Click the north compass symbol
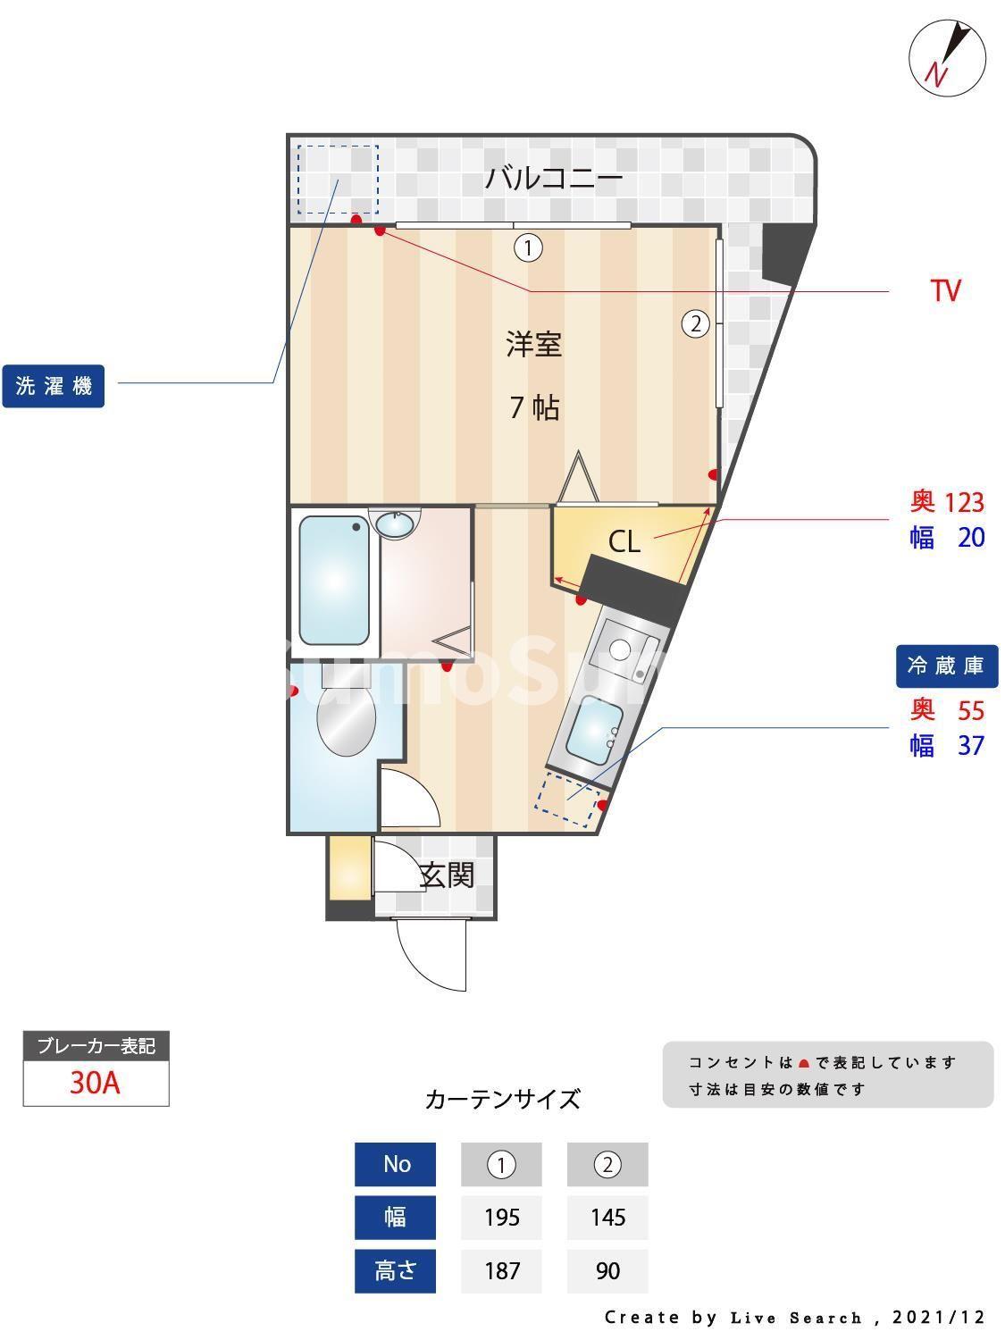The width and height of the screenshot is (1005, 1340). tap(947, 57)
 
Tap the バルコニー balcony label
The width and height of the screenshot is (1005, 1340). tap(553, 179)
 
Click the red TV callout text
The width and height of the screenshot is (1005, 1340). tap(945, 290)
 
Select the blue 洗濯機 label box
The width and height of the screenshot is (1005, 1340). tap(54, 386)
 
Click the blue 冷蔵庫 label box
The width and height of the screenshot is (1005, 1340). tap(946, 666)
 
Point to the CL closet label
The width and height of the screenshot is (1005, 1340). tap(624, 541)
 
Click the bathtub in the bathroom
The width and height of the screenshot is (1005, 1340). tap(333, 580)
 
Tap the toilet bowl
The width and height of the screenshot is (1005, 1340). tap(346, 719)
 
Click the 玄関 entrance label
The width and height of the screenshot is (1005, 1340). tap(447, 875)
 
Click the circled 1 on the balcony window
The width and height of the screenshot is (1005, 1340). tap(528, 247)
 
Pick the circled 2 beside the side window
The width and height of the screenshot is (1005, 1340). tap(696, 323)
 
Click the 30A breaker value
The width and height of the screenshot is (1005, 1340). tap(95, 1083)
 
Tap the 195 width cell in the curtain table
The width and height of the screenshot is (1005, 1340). tap(501, 1218)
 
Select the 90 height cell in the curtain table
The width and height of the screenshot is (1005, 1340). tap(607, 1270)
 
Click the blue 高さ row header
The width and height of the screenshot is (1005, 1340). tap(395, 1270)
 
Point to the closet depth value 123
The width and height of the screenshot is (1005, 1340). tap(965, 503)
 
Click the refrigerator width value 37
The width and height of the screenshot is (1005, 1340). tap(971, 745)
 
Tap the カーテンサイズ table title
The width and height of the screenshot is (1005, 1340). tap(502, 1099)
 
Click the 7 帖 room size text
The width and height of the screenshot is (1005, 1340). tap(534, 407)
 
